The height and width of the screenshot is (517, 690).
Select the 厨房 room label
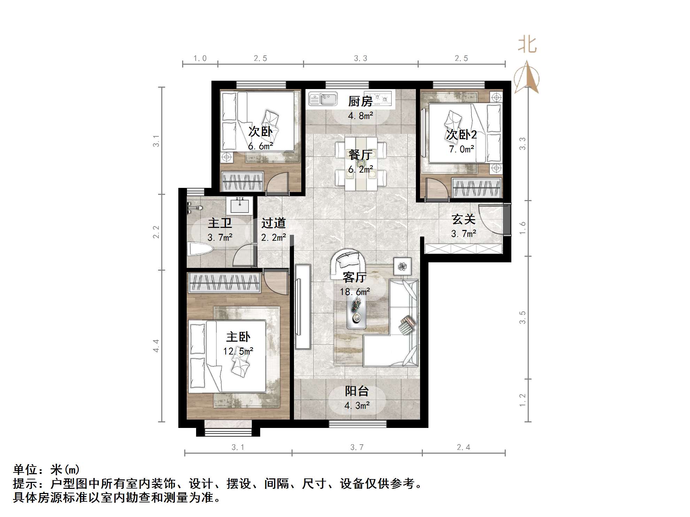(360, 101)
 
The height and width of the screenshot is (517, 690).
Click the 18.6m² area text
(355, 292)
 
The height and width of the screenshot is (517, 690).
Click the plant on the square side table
(403, 267)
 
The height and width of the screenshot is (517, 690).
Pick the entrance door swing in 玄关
(491, 219)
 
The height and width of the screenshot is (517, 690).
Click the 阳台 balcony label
(357, 391)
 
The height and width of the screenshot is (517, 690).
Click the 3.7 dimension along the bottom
(357, 447)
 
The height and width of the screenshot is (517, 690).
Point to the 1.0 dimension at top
(200, 58)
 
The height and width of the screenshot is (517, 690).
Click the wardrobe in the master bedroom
(224, 283)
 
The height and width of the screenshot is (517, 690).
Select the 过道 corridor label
(273, 223)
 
